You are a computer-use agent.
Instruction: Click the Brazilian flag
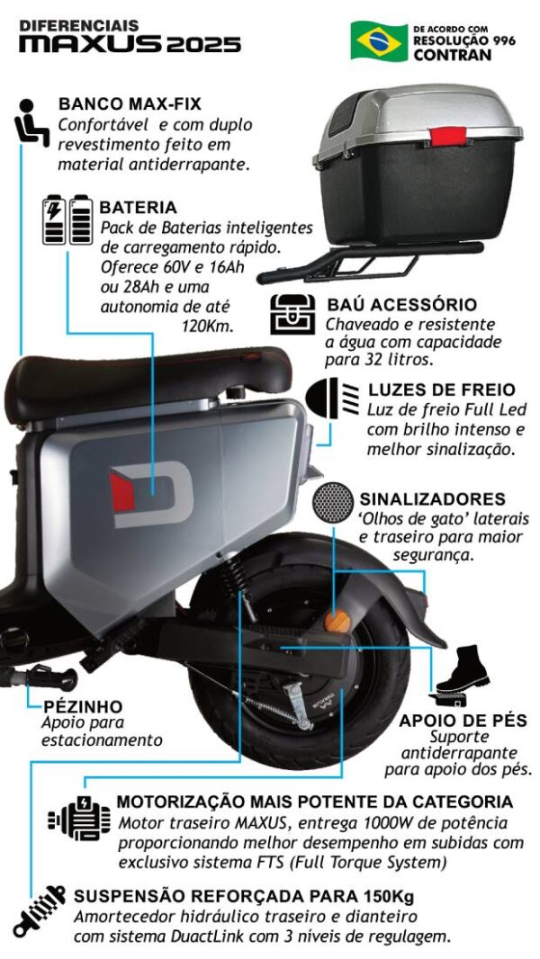[379, 41]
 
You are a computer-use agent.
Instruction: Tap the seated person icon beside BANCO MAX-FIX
[31, 122]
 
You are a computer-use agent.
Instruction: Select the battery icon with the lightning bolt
[54, 220]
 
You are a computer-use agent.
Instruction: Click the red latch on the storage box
[448, 135]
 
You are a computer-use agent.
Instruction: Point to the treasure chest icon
[292, 314]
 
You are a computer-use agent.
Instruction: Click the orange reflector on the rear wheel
[337, 622]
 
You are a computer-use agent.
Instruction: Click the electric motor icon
[79, 818]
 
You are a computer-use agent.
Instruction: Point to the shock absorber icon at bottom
[39, 911]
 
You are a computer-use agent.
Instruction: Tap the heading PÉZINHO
[83, 707]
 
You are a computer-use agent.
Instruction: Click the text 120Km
[208, 326]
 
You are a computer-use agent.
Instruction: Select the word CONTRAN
[453, 55]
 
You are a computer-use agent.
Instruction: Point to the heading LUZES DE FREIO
[442, 390]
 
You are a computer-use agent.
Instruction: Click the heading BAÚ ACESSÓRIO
[401, 305]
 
